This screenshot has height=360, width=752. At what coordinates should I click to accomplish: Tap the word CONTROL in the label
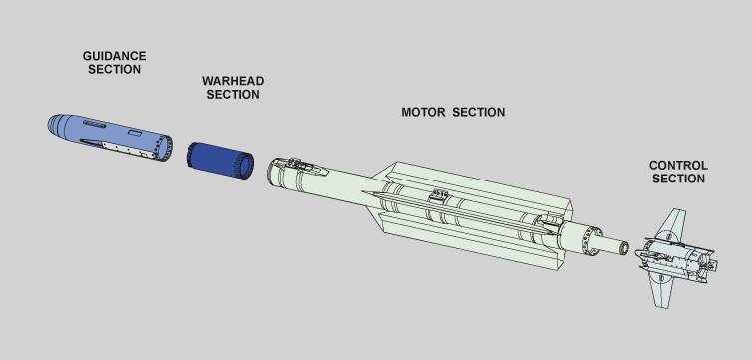pos(678,165)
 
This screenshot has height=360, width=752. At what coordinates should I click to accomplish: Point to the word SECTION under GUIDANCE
pos(112,70)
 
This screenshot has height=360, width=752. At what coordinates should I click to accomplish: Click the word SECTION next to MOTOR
pos(479,112)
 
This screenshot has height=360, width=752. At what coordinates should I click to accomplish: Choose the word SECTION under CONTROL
pos(678,179)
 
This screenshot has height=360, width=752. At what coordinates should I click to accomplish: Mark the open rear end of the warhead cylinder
pos(244,166)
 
